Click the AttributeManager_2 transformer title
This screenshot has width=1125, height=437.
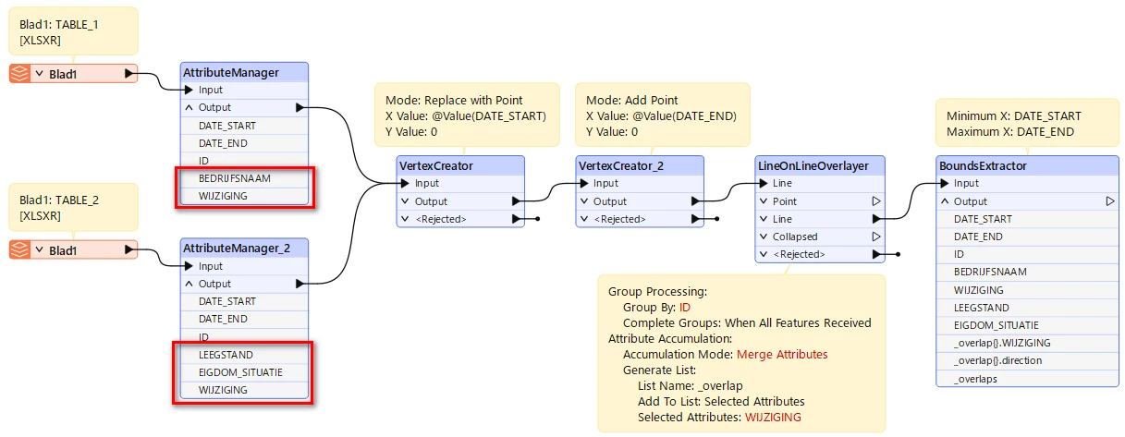tap(236, 248)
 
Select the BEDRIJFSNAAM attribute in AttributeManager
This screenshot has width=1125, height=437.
tap(235, 178)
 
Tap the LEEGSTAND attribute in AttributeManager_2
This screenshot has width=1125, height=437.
tap(226, 355)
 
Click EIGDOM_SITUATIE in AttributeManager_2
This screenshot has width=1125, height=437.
tap(240, 372)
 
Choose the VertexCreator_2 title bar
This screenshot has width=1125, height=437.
tap(621, 165)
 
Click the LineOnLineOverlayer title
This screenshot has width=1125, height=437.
tap(813, 165)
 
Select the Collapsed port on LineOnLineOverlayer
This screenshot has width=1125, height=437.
tap(795, 237)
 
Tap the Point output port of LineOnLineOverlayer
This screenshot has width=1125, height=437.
tap(876, 201)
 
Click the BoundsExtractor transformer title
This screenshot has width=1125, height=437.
tap(983, 165)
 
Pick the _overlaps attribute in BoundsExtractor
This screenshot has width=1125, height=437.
tap(975, 379)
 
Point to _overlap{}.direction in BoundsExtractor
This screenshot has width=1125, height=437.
tap(997, 360)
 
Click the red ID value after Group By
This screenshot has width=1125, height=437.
tap(685, 307)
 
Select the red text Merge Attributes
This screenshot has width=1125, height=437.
tap(782, 354)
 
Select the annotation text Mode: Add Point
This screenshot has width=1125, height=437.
tap(631, 100)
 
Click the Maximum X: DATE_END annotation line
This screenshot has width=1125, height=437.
tap(1010, 131)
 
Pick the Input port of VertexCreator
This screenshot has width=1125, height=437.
tap(405, 183)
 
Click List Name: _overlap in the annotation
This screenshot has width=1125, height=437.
tap(690, 386)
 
